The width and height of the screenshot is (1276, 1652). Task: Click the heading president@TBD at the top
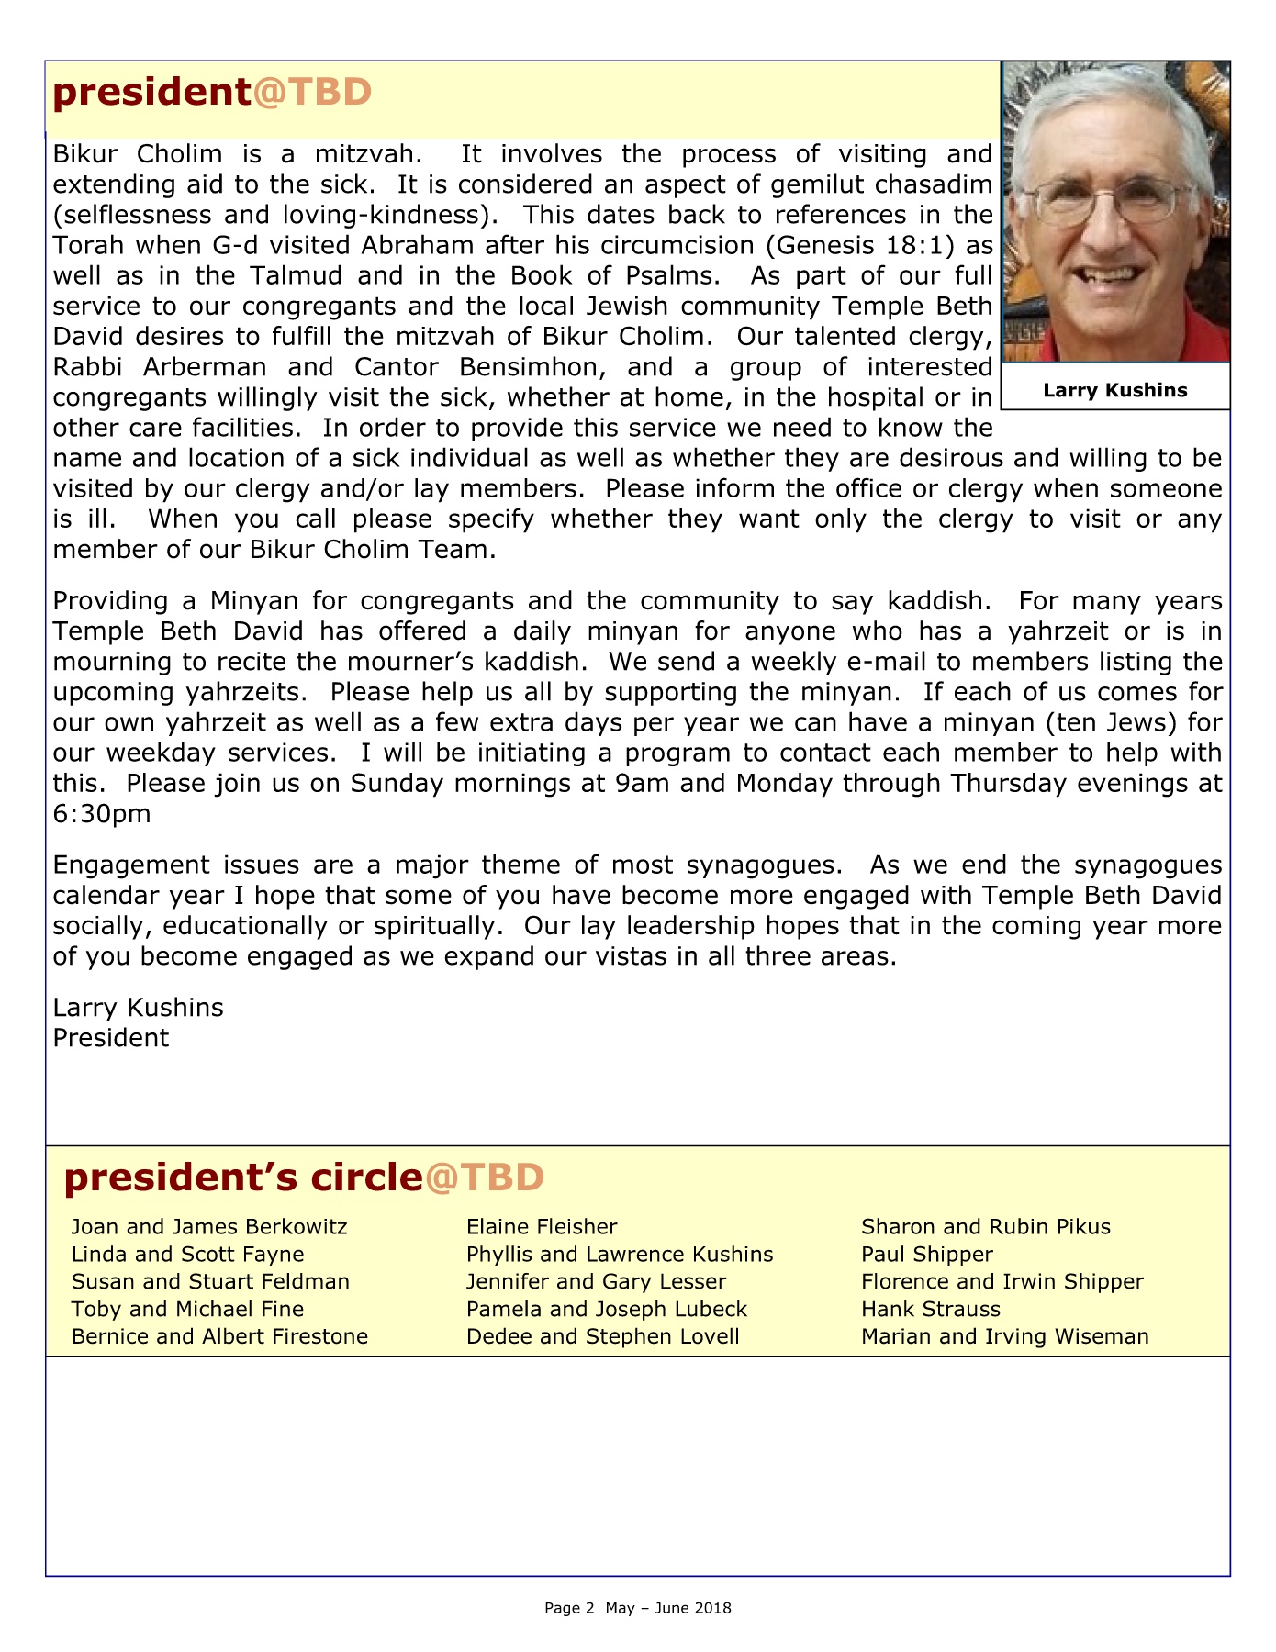click(x=212, y=93)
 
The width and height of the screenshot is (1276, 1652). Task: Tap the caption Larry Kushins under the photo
click(x=1114, y=390)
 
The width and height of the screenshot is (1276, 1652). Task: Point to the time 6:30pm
click(x=102, y=814)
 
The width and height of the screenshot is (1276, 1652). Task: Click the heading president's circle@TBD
click(x=304, y=1178)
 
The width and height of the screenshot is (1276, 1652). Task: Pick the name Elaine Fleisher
click(x=542, y=1227)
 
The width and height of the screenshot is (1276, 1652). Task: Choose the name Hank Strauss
click(x=931, y=1310)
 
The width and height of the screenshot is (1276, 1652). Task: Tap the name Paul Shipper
click(x=927, y=1255)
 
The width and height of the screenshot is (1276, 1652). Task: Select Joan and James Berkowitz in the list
click(x=209, y=1227)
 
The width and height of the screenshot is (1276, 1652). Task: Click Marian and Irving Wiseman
click(x=1005, y=1336)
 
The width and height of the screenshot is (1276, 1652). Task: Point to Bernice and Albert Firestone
click(x=219, y=1336)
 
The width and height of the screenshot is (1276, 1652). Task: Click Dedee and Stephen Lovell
click(x=603, y=1336)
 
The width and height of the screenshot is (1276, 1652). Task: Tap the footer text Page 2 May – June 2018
click(x=638, y=1608)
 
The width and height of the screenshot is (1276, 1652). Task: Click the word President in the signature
click(x=111, y=1038)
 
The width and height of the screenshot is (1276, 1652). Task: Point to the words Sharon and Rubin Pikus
click(x=986, y=1227)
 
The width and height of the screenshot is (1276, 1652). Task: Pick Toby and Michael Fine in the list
click(x=187, y=1310)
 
